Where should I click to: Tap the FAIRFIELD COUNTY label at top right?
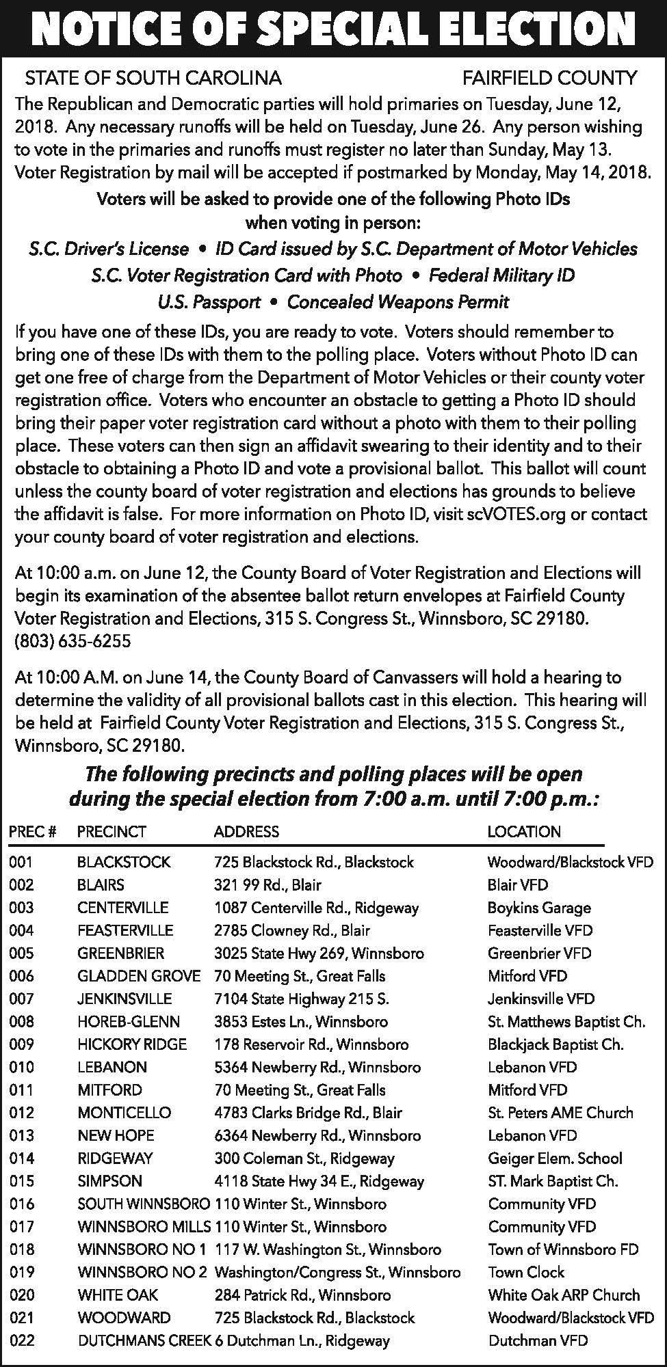[550, 78]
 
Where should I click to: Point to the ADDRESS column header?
[246, 832]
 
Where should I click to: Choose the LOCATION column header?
[523, 832]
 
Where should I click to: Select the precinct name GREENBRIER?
[120, 953]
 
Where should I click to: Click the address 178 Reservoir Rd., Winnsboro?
[311, 1044]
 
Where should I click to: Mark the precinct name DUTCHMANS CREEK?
[144, 1341]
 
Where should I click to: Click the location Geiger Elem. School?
[555, 1159]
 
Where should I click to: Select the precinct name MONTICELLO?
[124, 1113]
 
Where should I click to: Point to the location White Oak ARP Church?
[564, 1295]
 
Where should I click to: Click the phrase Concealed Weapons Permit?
[397, 301]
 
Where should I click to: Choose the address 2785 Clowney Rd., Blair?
[292, 930]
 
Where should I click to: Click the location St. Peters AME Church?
[560, 1113]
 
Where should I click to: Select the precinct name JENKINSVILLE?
[125, 999]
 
